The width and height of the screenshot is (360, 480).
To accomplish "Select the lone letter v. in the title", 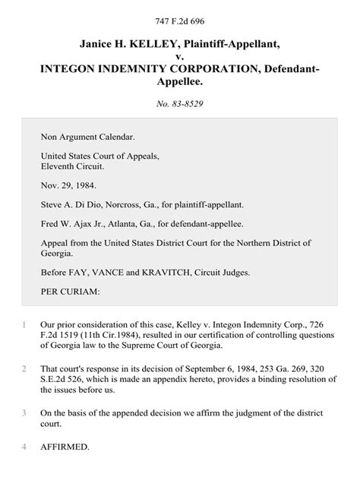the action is pyautogui.click(x=180, y=55).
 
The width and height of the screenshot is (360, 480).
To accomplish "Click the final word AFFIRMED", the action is pyautogui.click(x=65, y=447).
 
